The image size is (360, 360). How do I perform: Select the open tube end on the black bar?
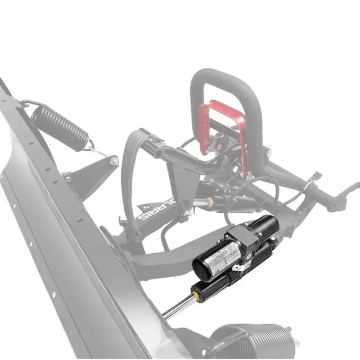pos(158,153)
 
